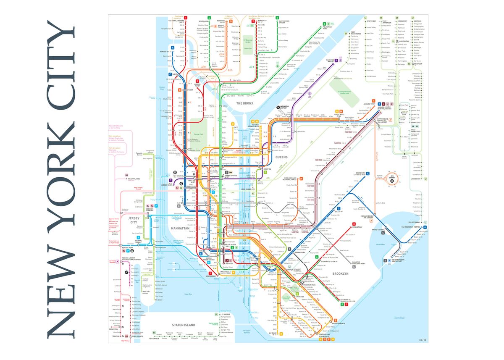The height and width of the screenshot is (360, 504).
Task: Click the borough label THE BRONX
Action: (x=245, y=103)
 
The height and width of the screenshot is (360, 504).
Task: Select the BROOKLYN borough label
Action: (x=340, y=273)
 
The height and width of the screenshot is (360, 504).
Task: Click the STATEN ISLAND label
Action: (x=183, y=325)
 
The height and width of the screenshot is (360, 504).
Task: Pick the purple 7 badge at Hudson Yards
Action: (x=171, y=180)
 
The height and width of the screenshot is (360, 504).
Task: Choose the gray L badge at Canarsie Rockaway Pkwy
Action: (x=354, y=267)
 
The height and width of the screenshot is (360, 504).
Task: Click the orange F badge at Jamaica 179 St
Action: (x=379, y=103)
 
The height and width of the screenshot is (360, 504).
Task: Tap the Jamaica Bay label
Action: (x=381, y=244)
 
